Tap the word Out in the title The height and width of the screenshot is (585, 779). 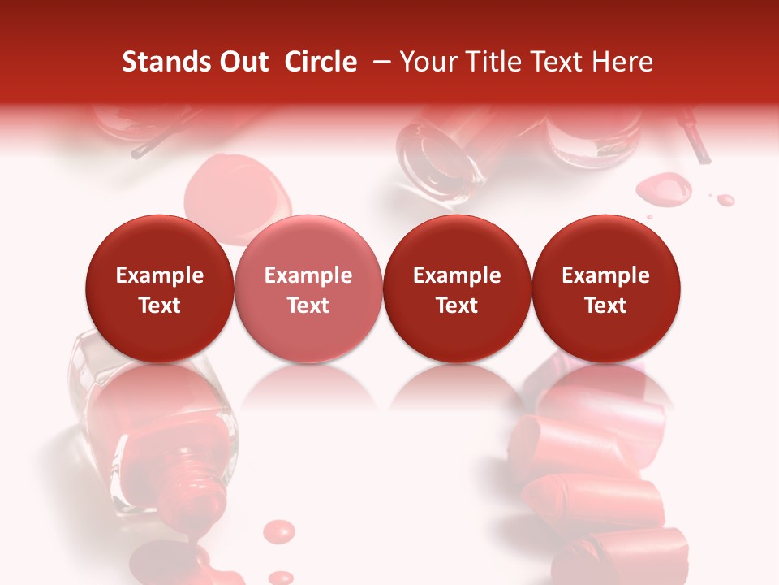tap(242, 62)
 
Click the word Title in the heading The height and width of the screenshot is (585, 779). tap(487, 62)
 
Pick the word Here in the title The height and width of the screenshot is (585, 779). tap(622, 62)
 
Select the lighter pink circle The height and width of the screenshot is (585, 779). tap(308, 288)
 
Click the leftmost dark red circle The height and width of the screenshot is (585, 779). tap(160, 288)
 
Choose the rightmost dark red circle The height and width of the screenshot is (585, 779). tap(606, 288)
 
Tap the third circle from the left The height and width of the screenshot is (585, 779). tap(457, 288)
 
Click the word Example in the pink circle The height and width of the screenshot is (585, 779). tap(308, 275)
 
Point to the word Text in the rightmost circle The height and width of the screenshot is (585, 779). tap(606, 305)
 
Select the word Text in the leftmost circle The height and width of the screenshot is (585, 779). tap(160, 305)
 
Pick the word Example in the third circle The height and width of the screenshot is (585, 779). tap(457, 275)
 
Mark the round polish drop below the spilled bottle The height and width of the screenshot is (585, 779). tap(280, 531)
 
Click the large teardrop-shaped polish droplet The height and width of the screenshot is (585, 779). tap(664, 189)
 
